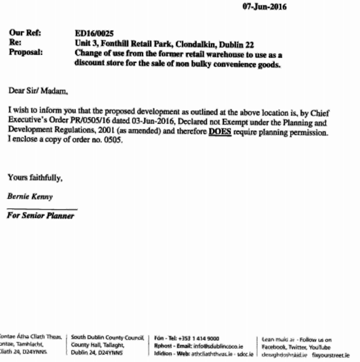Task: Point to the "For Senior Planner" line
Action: point(40,216)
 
